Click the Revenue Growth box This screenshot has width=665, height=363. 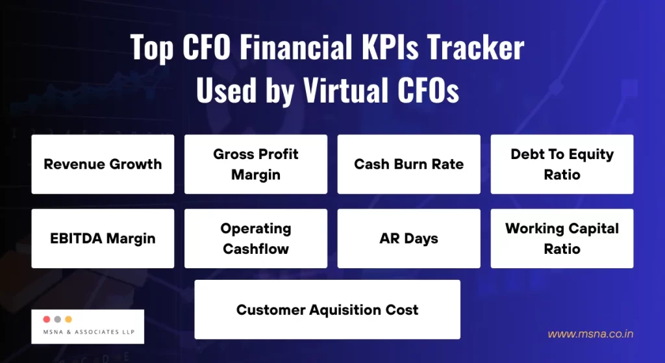[x=103, y=164]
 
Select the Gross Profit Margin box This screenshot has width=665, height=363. [x=256, y=164]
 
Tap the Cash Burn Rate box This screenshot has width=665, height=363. [x=408, y=164]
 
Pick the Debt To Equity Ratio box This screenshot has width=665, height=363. [x=562, y=164]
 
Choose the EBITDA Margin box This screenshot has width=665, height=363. [x=103, y=238]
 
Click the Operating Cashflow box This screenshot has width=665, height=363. [x=256, y=238]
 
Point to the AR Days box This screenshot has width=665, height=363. [x=408, y=238]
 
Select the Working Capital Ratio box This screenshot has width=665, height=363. [x=562, y=238]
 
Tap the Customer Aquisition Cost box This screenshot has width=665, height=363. [x=327, y=309]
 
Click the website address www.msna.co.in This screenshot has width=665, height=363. [x=590, y=334]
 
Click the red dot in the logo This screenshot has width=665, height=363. [x=46, y=319]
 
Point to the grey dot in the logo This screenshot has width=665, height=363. [x=57, y=319]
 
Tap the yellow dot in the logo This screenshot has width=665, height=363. [x=68, y=319]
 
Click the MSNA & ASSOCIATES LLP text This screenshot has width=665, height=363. [x=87, y=332]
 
